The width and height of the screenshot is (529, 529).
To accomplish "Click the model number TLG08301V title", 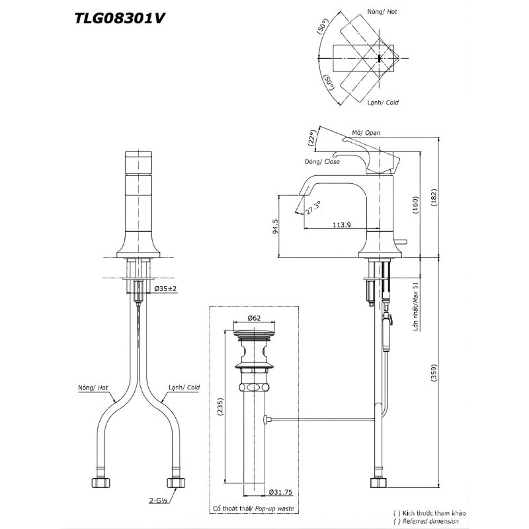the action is [x=120, y=18].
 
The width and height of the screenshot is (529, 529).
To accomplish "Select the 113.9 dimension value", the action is [x=341, y=224].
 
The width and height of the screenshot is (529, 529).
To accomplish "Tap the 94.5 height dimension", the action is [x=276, y=226].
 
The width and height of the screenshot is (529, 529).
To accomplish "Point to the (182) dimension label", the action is [x=434, y=197].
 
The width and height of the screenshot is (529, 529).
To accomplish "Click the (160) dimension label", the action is [x=415, y=205].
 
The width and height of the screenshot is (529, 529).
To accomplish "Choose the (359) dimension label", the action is [x=434, y=372].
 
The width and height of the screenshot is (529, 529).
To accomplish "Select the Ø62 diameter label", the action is [x=254, y=318].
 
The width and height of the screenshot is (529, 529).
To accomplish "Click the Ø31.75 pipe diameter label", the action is [x=280, y=492].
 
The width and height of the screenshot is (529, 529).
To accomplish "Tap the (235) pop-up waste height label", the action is [x=220, y=407].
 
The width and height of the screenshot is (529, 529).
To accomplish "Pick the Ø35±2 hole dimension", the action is [x=165, y=288].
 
